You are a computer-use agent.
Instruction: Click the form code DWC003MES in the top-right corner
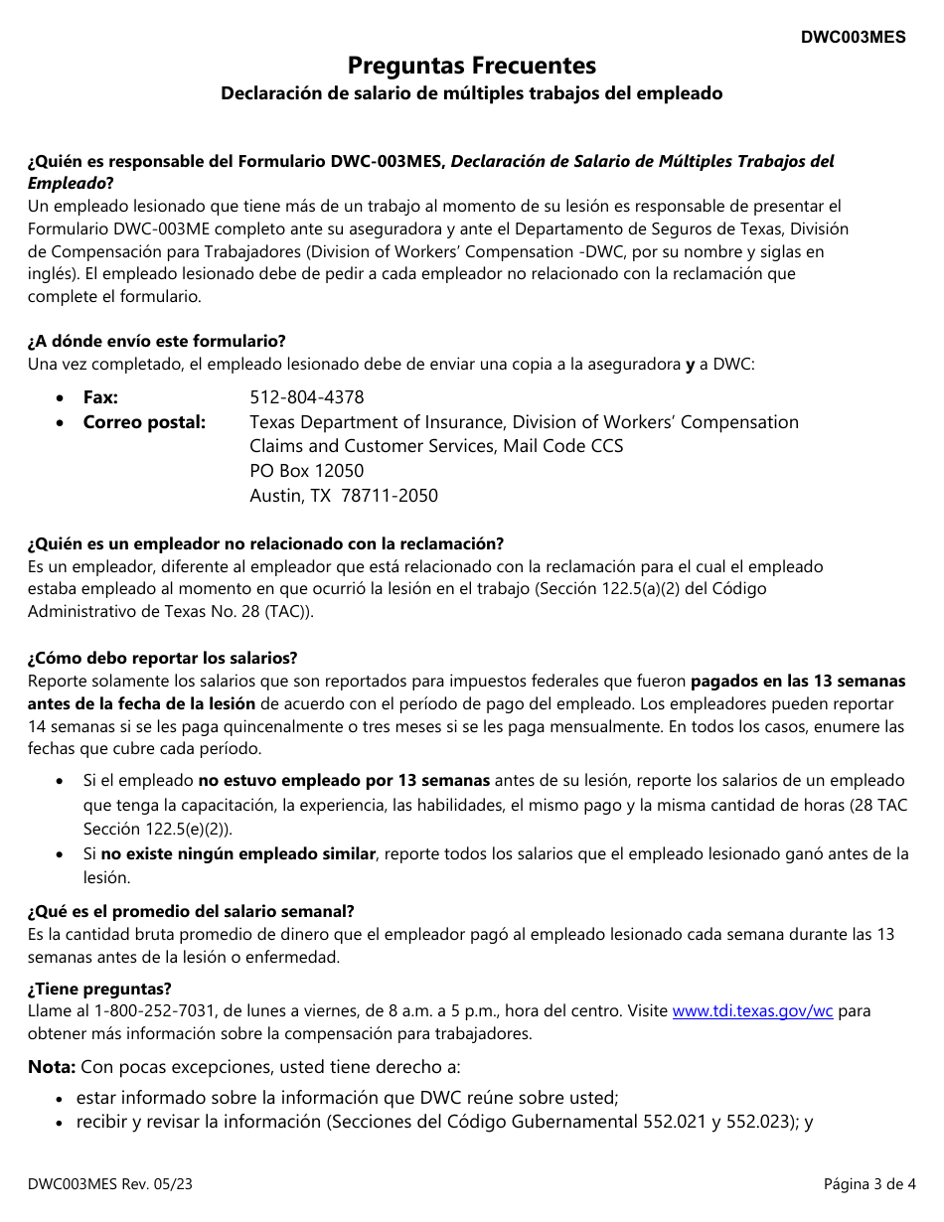click(854, 37)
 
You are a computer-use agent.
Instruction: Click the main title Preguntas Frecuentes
click(472, 66)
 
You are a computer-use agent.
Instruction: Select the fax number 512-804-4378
click(306, 397)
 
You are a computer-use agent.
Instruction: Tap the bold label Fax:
click(100, 397)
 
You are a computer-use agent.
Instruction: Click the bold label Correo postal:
click(144, 422)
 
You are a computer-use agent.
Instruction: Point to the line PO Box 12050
click(306, 471)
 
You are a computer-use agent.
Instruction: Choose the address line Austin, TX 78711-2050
click(343, 496)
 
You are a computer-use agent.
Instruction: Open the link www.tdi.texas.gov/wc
click(752, 1011)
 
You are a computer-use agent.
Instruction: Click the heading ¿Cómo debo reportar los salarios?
click(163, 659)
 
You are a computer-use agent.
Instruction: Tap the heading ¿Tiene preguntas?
click(99, 990)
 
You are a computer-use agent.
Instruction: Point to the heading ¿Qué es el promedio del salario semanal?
click(191, 912)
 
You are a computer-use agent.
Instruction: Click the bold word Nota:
click(52, 1067)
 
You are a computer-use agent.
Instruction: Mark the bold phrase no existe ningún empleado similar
click(238, 854)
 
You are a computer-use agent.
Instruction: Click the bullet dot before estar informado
click(62, 1099)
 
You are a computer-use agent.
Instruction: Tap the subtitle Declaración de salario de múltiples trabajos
click(472, 93)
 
